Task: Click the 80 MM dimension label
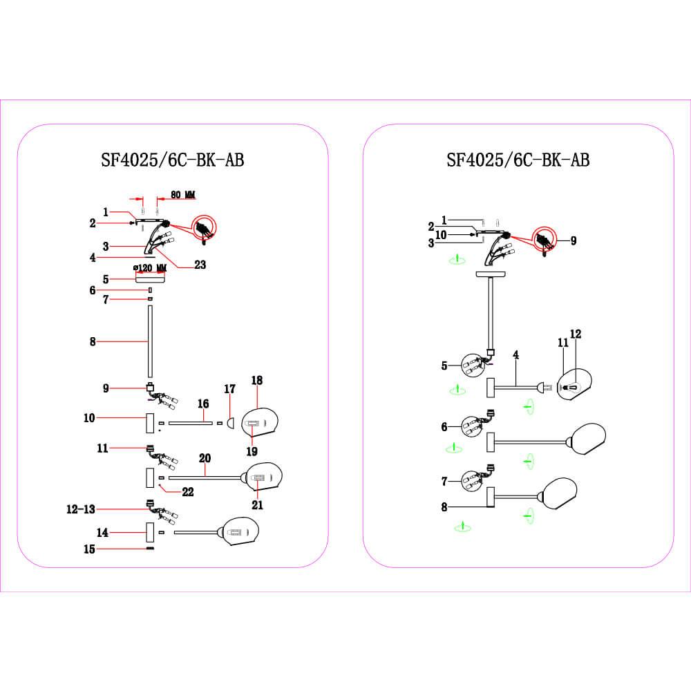click(183, 194)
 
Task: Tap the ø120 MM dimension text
click(150, 268)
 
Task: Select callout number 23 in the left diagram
click(200, 265)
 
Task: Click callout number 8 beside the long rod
click(93, 341)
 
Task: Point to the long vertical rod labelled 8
click(150, 341)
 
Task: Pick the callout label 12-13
click(81, 509)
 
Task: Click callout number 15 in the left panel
click(89, 549)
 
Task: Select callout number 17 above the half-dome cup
click(229, 389)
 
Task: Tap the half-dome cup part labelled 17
click(230, 423)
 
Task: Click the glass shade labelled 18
click(260, 422)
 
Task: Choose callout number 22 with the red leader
click(188, 492)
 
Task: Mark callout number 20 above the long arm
click(205, 458)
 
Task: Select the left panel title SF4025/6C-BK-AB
click(172, 160)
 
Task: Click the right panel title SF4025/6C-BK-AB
click(518, 160)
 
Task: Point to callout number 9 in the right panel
click(574, 240)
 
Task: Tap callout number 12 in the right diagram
click(576, 334)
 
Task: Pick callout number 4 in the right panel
click(515, 354)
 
